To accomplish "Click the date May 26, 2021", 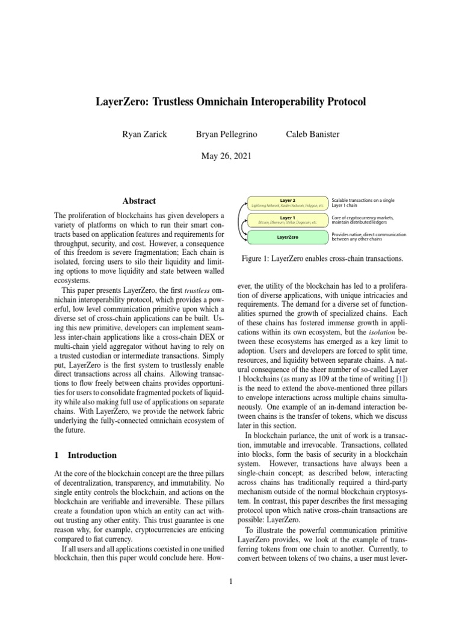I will [x=231, y=155].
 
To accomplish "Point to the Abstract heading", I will [x=139, y=201].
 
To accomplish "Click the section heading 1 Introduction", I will [x=85, y=455].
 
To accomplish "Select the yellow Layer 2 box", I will [x=288, y=202].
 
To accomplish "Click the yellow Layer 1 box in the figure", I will [x=288, y=220].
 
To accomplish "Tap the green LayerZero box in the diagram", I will [x=288, y=237].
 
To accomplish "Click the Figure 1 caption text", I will [x=321, y=258].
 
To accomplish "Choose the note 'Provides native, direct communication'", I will [x=369, y=237].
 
